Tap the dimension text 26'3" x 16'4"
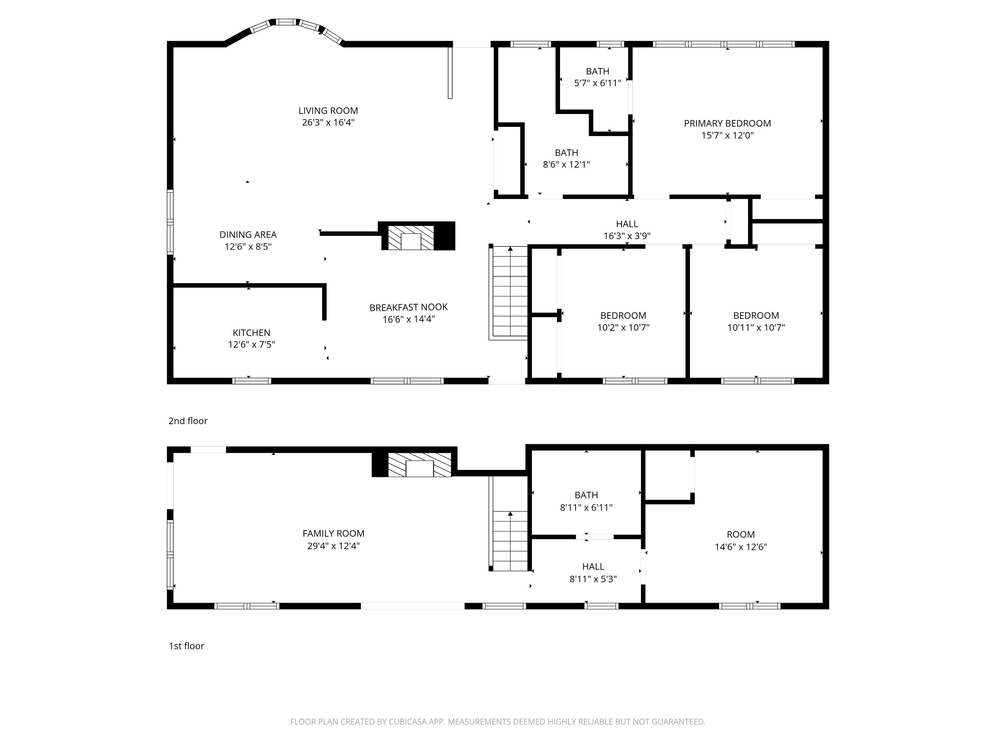pyautogui.click(x=328, y=123)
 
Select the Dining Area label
pyautogui.click(x=248, y=235)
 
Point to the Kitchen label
pyautogui.click(x=251, y=333)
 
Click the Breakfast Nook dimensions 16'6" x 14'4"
pyautogui.click(x=409, y=319)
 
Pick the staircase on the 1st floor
pyautogui.click(x=510, y=540)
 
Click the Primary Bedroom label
pyautogui.click(x=727, y=124)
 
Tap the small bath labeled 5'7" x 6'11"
pyautogui.click(x=598, y=77)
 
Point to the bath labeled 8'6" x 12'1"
pyautogui.click(x=566, y=159)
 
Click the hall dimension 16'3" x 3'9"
pyautogui.click(x=627, y=236)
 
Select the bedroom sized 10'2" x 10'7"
pyautogui.click(x=623, y=322)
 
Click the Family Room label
pyautogui.click(x=333, y=534)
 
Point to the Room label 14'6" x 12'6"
pyautogui.click(x=741, y=540)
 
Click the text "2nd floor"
pyautogui.click(x=188, y=421)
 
